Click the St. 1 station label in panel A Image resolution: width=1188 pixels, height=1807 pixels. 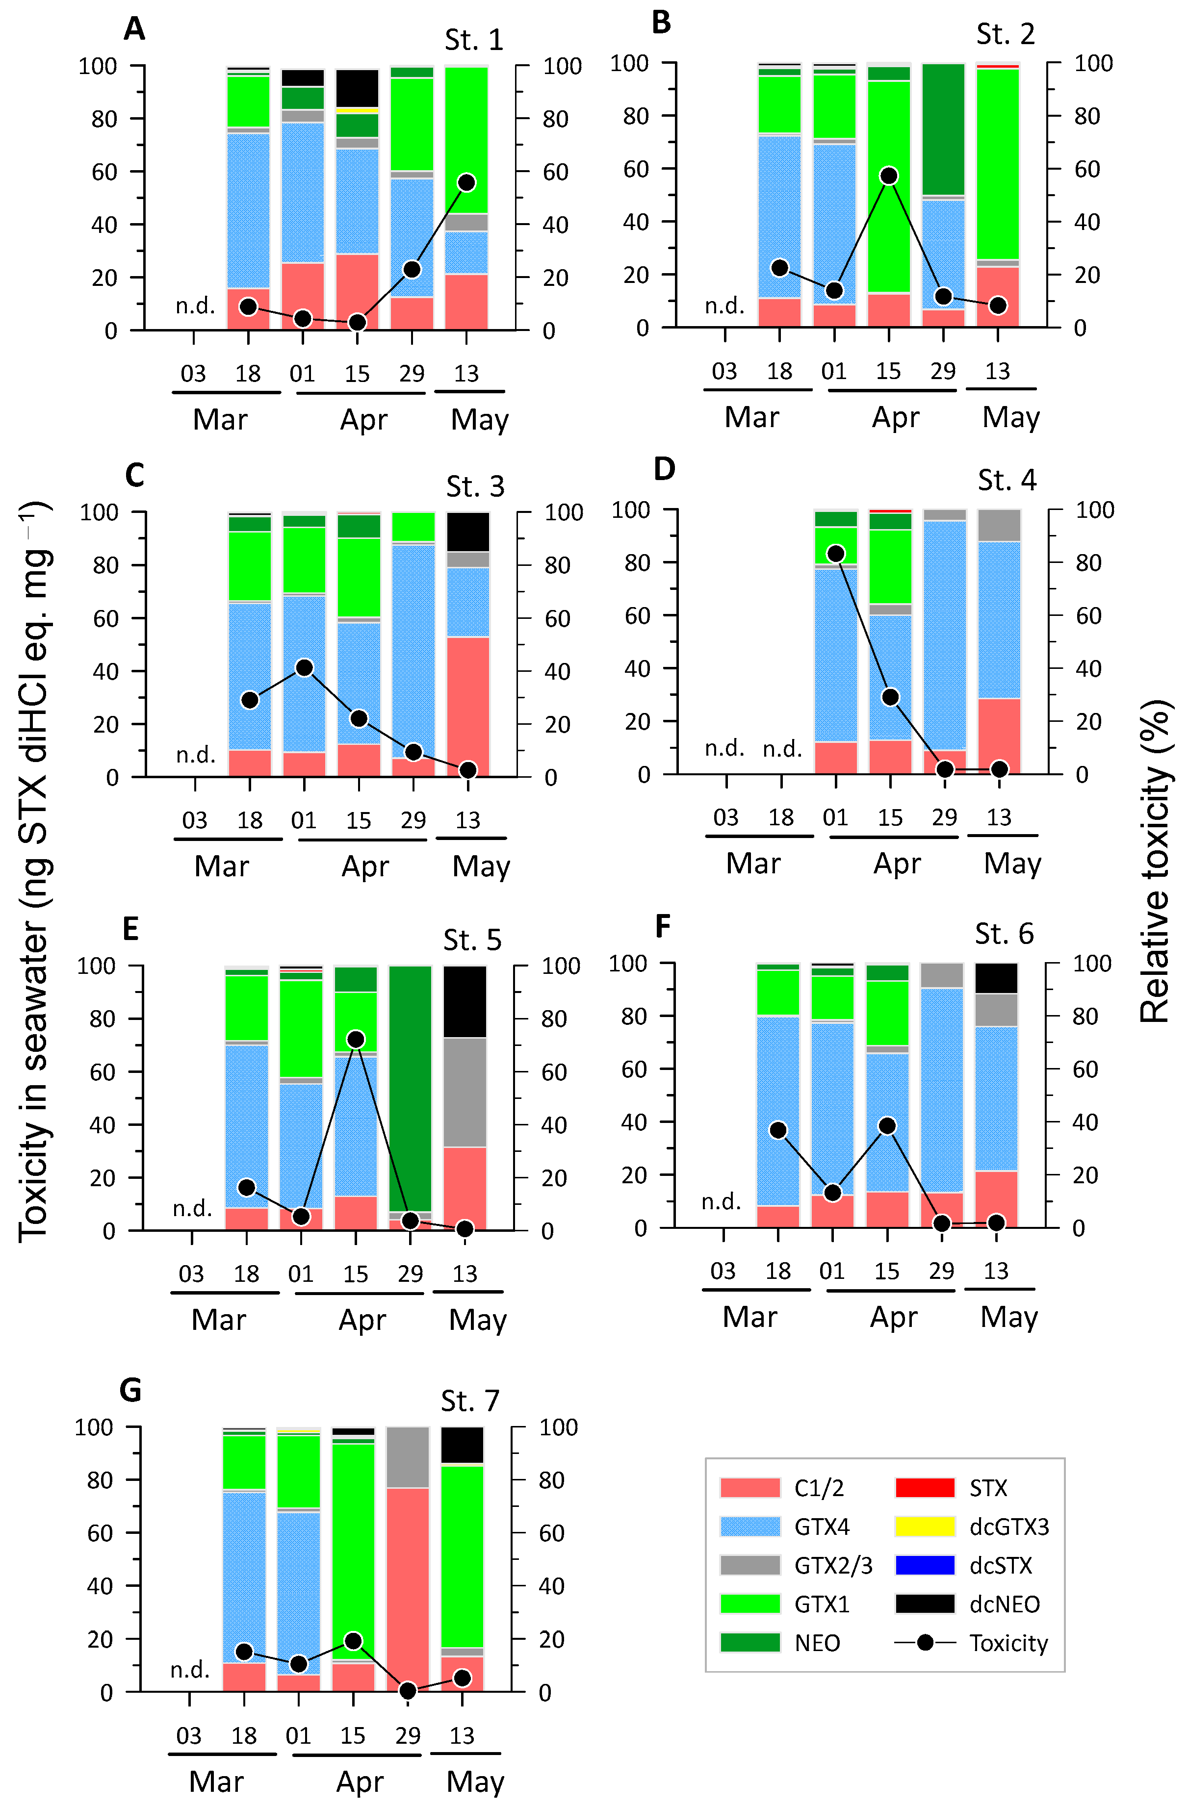tap(473, 40)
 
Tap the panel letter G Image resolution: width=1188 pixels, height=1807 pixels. tap(130, 1390)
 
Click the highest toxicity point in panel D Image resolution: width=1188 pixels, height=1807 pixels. tap(835, 554)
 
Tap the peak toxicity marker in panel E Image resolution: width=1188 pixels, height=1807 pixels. tap(356, 1039)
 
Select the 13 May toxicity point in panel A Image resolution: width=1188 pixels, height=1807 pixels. tap(466, 182)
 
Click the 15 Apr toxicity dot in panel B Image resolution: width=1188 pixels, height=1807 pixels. tap(889, 176)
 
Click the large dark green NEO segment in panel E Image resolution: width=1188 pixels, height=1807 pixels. tap(410, 1086)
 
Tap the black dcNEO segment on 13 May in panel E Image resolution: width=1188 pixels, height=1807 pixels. tap(465, 1001)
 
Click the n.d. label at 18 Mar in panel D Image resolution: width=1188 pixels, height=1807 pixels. tap(782, 749)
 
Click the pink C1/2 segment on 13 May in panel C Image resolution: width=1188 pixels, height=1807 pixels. tap(467, 706)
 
